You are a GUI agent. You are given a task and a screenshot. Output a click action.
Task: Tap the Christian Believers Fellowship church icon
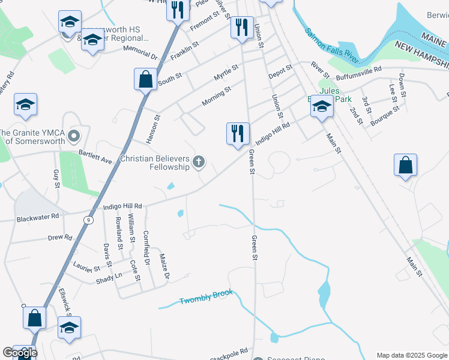(199, 161)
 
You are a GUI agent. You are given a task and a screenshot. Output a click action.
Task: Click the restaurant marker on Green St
(238, 134)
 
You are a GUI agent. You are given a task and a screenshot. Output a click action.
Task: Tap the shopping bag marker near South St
(146, 79)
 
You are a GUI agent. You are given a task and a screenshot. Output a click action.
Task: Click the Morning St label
(216, 97)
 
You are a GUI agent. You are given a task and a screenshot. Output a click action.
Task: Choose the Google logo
(20, 353)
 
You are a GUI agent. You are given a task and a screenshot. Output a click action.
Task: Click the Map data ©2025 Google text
(411, 355)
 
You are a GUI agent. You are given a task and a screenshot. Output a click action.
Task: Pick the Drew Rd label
(60, 238)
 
